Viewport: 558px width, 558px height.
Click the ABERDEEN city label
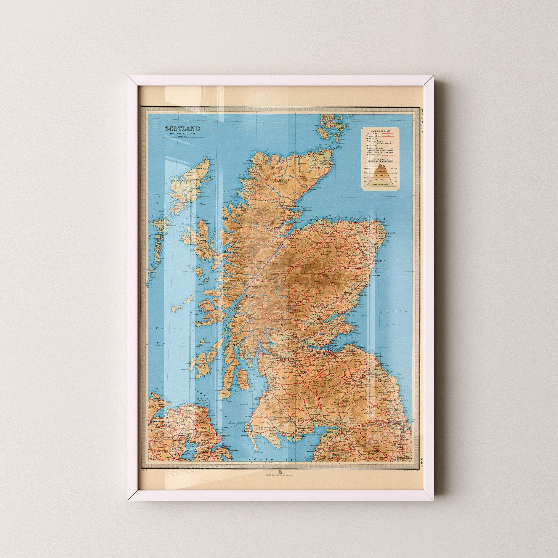[380, 261]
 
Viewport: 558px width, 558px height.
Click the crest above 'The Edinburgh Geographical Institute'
[280, 480]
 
